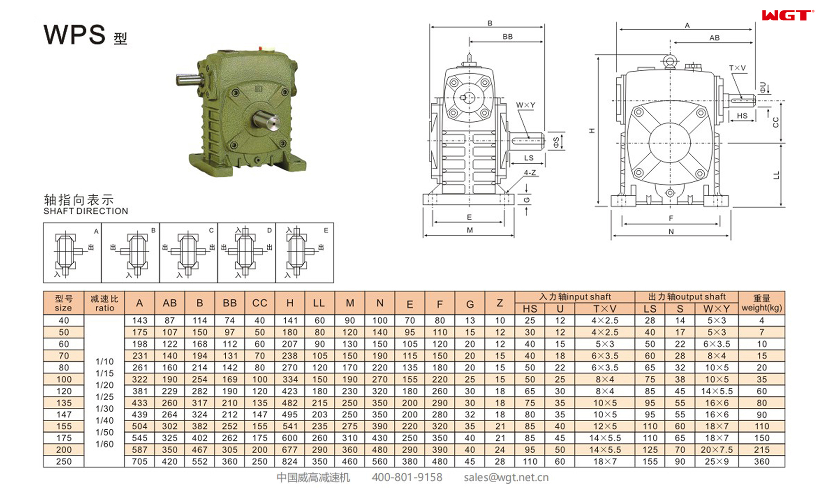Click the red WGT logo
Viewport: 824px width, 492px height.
click(x=788, y=16)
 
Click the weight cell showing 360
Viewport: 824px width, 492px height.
click(x=761, y=461)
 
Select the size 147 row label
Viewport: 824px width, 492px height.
click(x=64, y=414)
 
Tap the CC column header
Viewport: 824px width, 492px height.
click(x=259, y=303)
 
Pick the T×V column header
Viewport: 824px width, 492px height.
click(x=604, y=309)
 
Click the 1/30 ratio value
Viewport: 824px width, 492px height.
click(x=104, y=409)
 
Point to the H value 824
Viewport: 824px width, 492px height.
click(x=289, y=461)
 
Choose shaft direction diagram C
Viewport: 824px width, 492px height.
click(x=188, y=253)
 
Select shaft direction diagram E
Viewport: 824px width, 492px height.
click(x=305, y=253)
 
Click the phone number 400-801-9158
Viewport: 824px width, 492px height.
click(x=407, y=477)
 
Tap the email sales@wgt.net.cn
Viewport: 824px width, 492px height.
click(x=506, y=477)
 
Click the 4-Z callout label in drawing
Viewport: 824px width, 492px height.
click(x=530, y=173)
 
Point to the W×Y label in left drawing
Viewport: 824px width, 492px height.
click(x=525, y=105)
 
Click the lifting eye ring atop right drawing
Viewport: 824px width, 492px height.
click(x=669, y=60)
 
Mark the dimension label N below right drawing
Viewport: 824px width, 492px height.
click(x=671, y=232)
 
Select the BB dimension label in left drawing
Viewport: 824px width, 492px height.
click(x=507, y=36)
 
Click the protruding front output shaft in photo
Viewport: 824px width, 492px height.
click(x=267, y=121)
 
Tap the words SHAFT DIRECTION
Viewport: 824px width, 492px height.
click(x=85, y=211)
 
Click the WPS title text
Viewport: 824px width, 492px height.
click(x=75, y=34)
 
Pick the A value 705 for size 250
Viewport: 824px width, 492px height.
click(x=139, y=461)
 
